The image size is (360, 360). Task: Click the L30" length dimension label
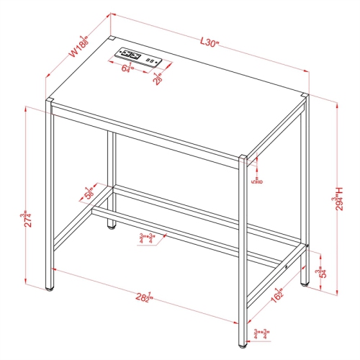point(210,43)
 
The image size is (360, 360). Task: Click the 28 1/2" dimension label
point(144,297)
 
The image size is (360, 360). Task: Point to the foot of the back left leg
point(112,228)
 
